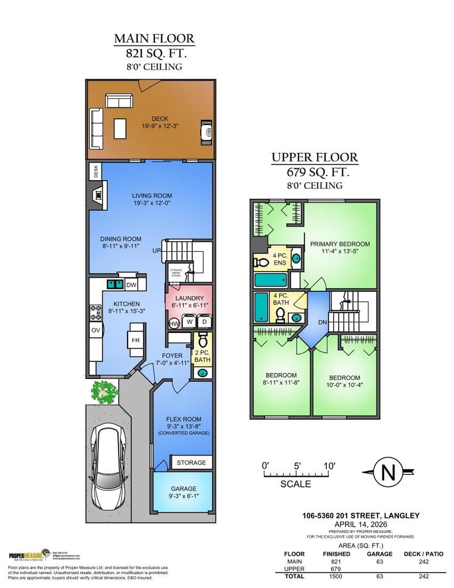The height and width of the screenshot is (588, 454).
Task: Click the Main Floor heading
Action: [154, 39]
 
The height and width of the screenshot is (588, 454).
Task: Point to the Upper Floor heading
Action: [314, 157]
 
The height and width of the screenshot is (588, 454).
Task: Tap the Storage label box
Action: [191, 462]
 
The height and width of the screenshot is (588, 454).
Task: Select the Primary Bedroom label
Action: [339, 244]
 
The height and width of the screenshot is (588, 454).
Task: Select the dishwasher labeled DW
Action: [131, 285]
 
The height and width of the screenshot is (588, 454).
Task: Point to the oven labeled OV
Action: [94, 331]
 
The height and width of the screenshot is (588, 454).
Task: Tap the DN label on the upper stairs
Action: [323, 322]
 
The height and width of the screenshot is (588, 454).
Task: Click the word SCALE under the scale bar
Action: [296, 484]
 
